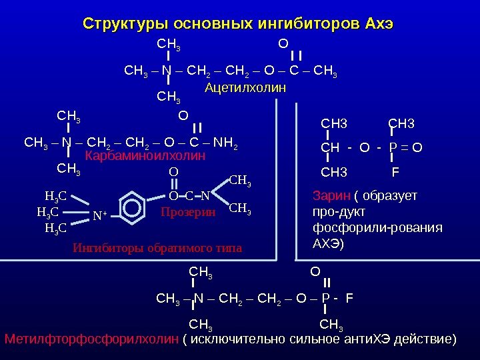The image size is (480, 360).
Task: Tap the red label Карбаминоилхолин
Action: [x=145, y=156]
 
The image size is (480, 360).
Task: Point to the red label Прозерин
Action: [x=189, y=212]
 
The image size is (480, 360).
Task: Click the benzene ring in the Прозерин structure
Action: [x=132, y=208]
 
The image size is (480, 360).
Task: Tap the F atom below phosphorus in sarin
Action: [x=395, y=173]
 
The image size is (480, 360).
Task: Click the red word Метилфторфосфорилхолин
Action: [x=92, y=340]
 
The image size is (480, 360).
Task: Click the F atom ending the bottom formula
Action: [x=349, y=297]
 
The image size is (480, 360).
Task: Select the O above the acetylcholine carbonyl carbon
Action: [x=283, y=43]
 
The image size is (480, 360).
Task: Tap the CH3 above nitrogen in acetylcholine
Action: [x=169, y=44]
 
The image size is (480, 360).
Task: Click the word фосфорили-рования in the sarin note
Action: [x=377, y=227]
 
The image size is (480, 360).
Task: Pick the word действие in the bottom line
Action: [x=424, y=340]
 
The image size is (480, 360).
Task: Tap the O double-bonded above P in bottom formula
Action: [x=315, y=271]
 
